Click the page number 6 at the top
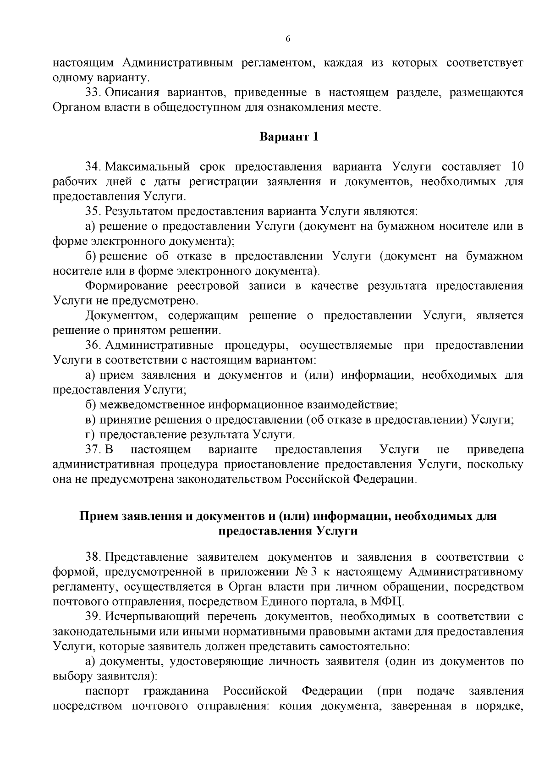click(x=288, y=39)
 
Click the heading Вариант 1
click(x=289, y=137)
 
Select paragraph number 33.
click(x=93, y=93)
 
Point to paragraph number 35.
click(x=93, y=211)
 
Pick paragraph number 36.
click(x=93, y=346)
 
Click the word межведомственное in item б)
click(x=152, y=405)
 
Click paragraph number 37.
click(x=93, y=450)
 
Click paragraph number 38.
click(x=93, y=557)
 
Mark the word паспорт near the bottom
click(x=107, y=691)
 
